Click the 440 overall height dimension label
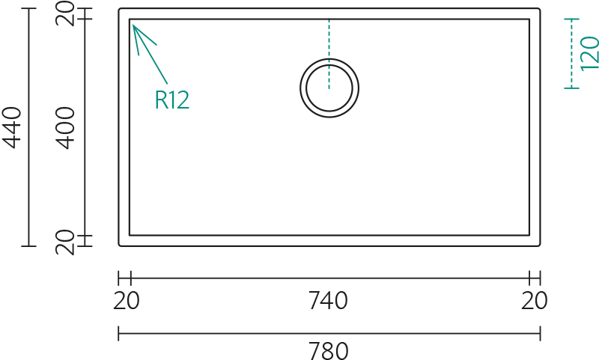click(x=11, y=127)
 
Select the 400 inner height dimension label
click(x=64, y=127)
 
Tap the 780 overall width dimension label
click(x=328, y=350)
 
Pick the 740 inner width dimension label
click(x=328, y=300)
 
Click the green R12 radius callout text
click(x=172, y=100)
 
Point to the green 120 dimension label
click(x=589, y=53)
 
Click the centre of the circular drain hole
click(x=329, y=88)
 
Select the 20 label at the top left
click(x=64, y=13)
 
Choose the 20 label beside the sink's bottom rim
click(x=64, y=242)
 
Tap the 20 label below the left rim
click(x=127, y=300)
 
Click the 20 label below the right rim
click(x=534, y=300)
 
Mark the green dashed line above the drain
click(x=329, y=53)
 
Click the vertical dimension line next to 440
click(x=28, y=127)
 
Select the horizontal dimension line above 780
click(x=329, y=333)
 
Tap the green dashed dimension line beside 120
click(x=571, y=53)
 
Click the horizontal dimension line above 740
click(x=330, y=278)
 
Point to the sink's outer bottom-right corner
click(x=539, y=245)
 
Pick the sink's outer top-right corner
click(x=539, y=8)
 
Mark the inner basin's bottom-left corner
click(x=130, y=235)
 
